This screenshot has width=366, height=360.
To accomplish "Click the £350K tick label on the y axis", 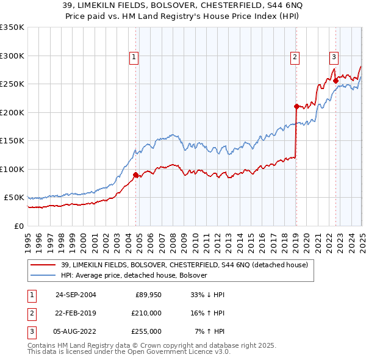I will click(12, 27).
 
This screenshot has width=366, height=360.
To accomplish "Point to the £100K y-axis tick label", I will click(12, 169).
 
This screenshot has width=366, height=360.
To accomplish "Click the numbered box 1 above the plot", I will click(134, 58).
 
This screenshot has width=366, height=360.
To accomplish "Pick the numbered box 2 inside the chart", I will click(295, 58).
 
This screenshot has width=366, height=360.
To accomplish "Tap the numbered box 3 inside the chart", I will click(334, 58).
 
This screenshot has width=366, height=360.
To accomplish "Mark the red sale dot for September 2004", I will click(135, 175).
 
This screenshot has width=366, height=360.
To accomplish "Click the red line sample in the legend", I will click(43, 265).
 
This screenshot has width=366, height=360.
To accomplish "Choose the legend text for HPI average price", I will click(134, 275).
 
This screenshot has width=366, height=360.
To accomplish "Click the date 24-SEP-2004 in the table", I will click(76, 295).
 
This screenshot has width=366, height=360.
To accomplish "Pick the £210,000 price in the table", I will click(146, 313).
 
